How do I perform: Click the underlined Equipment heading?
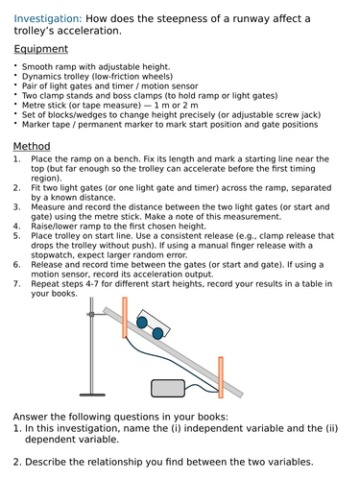click(x=41, y=49)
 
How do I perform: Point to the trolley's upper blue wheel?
click(x=141, y=324)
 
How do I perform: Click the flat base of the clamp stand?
click(x=90, y=395)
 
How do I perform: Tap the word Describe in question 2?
click(x=54, y=463)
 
